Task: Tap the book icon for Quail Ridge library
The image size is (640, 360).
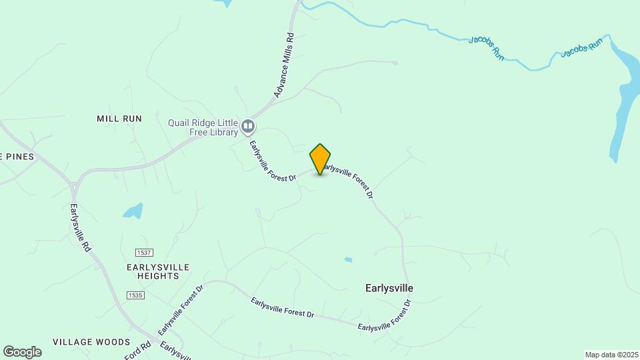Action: pyautogui.click(x=248, y=126)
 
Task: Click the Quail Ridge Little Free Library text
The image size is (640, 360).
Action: pyautogui.click(x=203, y=127)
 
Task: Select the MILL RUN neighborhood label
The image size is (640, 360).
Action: pyautogui.click(x=119, y=119)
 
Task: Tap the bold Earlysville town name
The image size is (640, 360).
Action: pyautogui.click(x=389, y=288)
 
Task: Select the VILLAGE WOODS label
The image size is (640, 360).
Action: pyautogui.click(x=91, y=342)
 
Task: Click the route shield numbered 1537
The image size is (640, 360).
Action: pyautogui.click(x=143, y=253)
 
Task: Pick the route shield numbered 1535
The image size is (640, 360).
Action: pyautogui.click(x=135, y=294)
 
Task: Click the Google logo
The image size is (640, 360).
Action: pyautogui.click(x=22, y=352)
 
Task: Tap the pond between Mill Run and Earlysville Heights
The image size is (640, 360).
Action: pyautogui.click(x=133, y=211)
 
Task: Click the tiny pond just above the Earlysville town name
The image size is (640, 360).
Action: pyautogui.click(x=348, y=259)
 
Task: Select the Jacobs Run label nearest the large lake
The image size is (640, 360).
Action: pyautogui.click(x=581, y=47)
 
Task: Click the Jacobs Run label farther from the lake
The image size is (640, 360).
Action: pyautogui.click(x=487, y=49)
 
